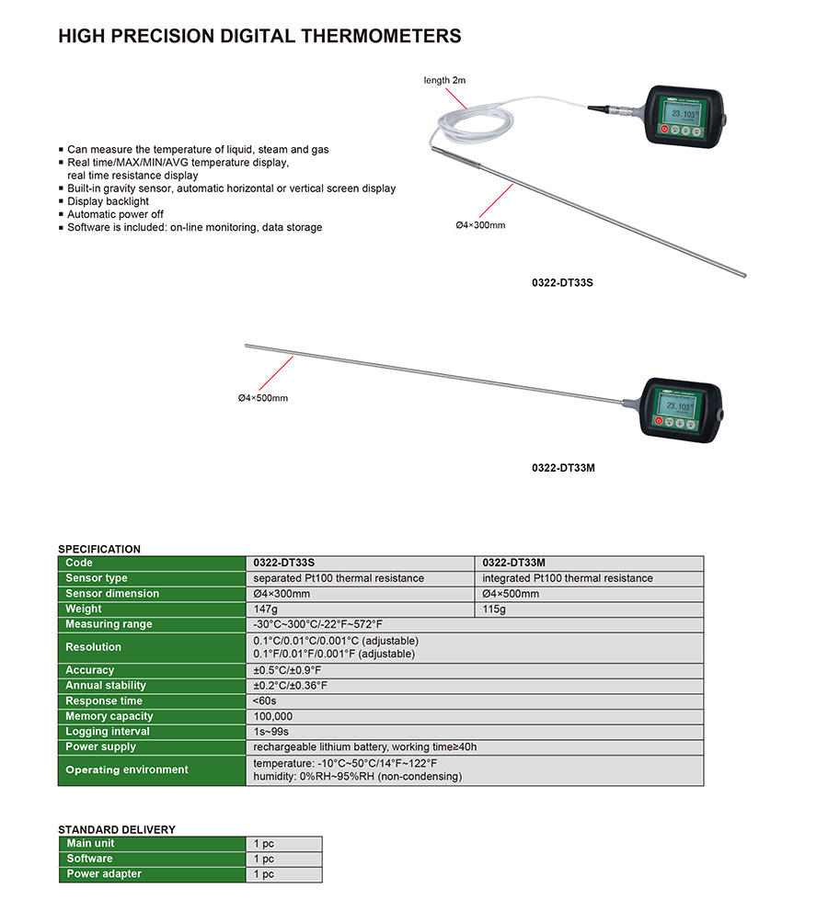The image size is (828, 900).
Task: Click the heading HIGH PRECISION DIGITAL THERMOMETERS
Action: pos(259,37)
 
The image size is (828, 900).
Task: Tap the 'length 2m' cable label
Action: pos(444,80)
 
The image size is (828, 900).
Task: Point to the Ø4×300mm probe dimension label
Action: pos(480,224)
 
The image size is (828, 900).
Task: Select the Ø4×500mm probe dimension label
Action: pos(263,397)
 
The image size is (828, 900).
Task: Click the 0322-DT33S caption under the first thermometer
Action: pos(563,283)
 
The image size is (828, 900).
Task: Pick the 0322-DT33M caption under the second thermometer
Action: pos(563,467)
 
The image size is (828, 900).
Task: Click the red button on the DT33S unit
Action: pos(662,131)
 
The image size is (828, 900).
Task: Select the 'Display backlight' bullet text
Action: pos(108,201)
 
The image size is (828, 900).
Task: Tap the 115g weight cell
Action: pos(495,609)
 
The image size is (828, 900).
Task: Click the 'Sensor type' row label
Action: pos(97,578)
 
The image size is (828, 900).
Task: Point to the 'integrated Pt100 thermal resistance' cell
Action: pos(568,578)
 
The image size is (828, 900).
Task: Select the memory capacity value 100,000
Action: pos(273,716)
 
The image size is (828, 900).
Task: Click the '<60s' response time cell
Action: pos(266,701)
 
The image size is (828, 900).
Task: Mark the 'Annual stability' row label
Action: pos(106,686)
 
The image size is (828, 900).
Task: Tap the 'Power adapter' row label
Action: pos(104,874)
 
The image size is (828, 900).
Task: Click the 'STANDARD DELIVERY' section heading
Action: pos(117,829)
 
